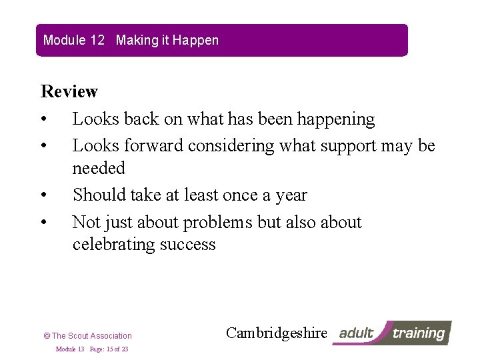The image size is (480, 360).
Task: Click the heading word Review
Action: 69,91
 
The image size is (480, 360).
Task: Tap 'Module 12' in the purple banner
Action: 74,40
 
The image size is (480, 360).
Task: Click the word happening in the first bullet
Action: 336,119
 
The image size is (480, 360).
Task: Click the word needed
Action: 99,168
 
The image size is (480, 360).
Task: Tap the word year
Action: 291,195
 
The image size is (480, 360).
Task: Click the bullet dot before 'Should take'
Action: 43,196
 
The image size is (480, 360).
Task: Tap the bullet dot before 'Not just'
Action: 43,223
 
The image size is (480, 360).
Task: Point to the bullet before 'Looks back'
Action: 43,120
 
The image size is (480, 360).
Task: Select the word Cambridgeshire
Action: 277,333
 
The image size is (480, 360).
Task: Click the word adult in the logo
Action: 357,333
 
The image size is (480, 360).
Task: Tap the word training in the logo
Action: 418,333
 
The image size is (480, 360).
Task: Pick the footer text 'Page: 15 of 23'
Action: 109,349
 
